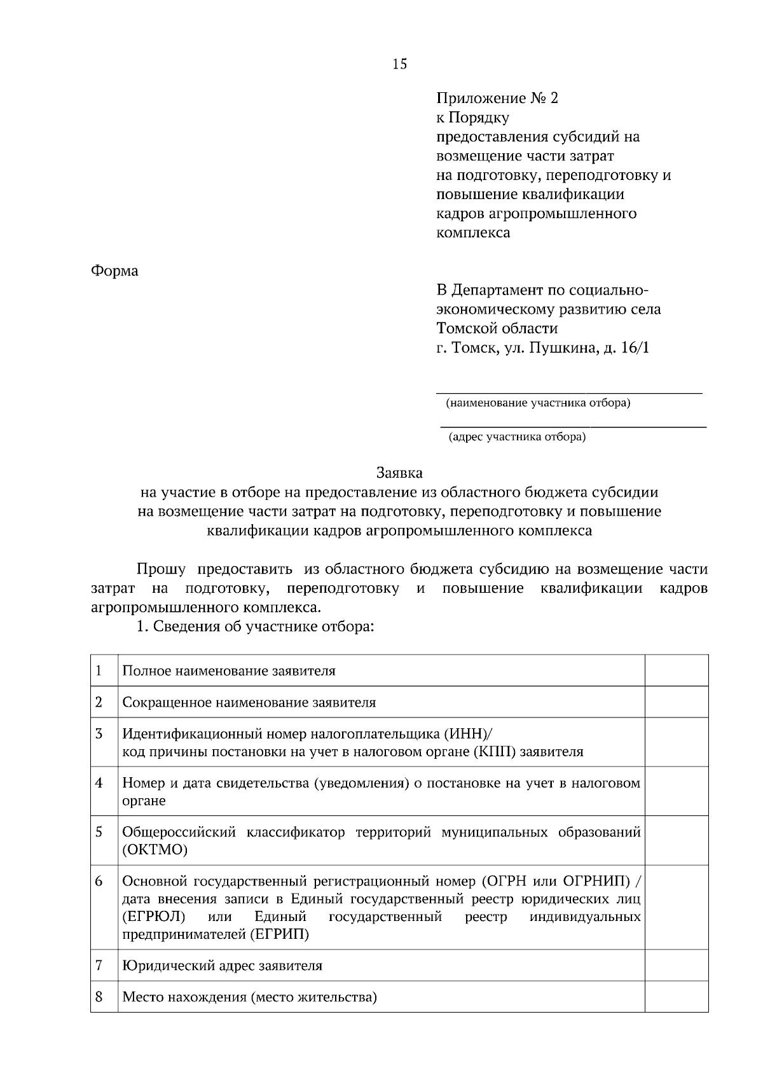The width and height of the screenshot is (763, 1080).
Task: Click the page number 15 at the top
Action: click(x=400, y=64)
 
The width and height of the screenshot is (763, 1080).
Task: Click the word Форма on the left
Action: click(x=114, y=271)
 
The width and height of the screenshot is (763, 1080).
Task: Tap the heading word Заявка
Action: click(x=399, y=473)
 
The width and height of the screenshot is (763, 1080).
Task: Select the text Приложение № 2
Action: click(x=497, y=99)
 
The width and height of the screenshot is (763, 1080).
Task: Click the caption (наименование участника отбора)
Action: click(x=538, y=403)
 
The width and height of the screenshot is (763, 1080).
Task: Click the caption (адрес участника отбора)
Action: click(x=517, y=437)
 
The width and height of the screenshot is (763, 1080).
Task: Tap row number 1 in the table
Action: click(x=99, y=670)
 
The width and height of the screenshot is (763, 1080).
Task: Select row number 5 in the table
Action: click(x=99, y=832)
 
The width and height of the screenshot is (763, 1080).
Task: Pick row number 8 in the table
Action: click(x=99, y=997)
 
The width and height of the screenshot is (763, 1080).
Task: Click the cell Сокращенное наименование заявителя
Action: click(x=249, y=703)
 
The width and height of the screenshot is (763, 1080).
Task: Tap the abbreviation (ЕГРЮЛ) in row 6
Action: click(x=153, y=917)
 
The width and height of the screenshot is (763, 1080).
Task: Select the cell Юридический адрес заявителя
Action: click(x=222, y=966)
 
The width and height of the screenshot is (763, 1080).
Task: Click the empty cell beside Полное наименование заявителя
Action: click(x=677, y=670)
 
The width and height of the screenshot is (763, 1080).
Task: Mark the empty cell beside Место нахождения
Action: click(x=677, y=997)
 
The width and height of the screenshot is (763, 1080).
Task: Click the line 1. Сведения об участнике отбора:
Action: click(x=255, y=627)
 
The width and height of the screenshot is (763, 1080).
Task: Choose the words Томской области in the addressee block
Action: click(x=497, y=329)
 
